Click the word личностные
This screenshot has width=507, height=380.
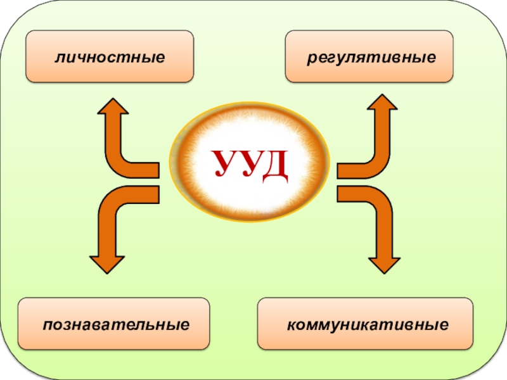coord(110,58)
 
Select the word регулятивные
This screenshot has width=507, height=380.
coord(371,58)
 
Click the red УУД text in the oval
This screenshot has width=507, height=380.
coord(250,163)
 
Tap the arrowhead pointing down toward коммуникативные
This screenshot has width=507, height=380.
coord(385,262)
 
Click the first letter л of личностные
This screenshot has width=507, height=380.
coord(59,58)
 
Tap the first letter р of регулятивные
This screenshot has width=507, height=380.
coord(311,58)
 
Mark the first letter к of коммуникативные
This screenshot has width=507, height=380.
coord(291,325)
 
